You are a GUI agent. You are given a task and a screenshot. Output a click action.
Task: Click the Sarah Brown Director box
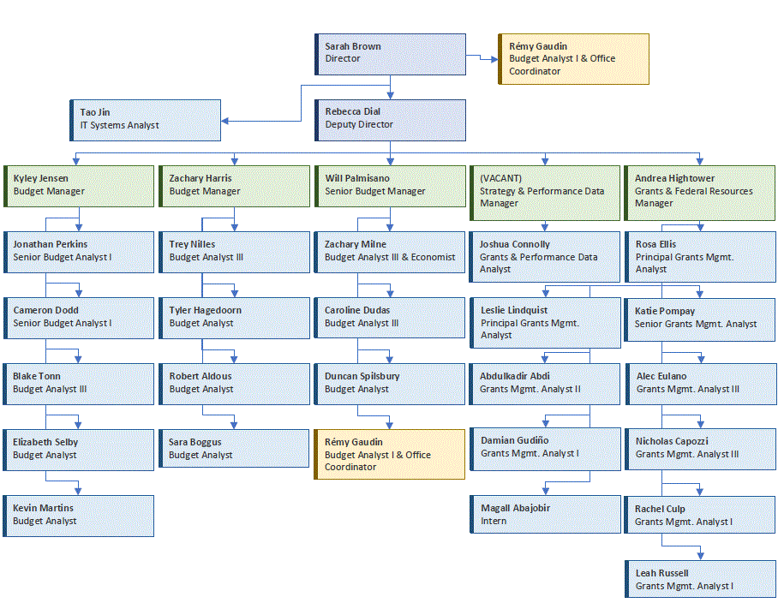[390, 54]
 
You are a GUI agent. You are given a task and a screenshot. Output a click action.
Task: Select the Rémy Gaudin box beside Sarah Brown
[573, 59]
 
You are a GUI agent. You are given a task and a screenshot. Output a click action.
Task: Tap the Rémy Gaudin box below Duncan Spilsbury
[390, 455]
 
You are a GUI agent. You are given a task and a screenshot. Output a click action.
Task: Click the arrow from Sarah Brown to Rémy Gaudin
[482, 58]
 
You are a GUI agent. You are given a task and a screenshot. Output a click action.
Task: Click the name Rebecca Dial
[353, 111]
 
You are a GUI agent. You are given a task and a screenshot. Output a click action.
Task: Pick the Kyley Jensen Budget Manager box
[79, 186]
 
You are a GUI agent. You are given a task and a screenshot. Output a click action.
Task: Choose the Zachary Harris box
[234, 186]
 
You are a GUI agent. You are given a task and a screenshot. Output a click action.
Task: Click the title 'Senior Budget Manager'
[374, 191]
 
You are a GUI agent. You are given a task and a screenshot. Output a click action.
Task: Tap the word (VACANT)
[500, 178]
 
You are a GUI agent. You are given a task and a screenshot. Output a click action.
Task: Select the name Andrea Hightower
[674, 178]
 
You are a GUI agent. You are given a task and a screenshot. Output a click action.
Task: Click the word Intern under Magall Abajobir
[494, 521]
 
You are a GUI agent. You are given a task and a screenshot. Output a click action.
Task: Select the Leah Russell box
[700, 580]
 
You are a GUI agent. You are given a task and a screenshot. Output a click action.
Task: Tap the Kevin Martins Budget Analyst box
[79, 516]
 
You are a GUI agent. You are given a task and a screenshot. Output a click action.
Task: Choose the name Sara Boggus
[195, 442]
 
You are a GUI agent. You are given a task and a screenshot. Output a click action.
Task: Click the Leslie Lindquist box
[545, 323]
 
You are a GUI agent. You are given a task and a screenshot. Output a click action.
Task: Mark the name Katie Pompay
[665, 311]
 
